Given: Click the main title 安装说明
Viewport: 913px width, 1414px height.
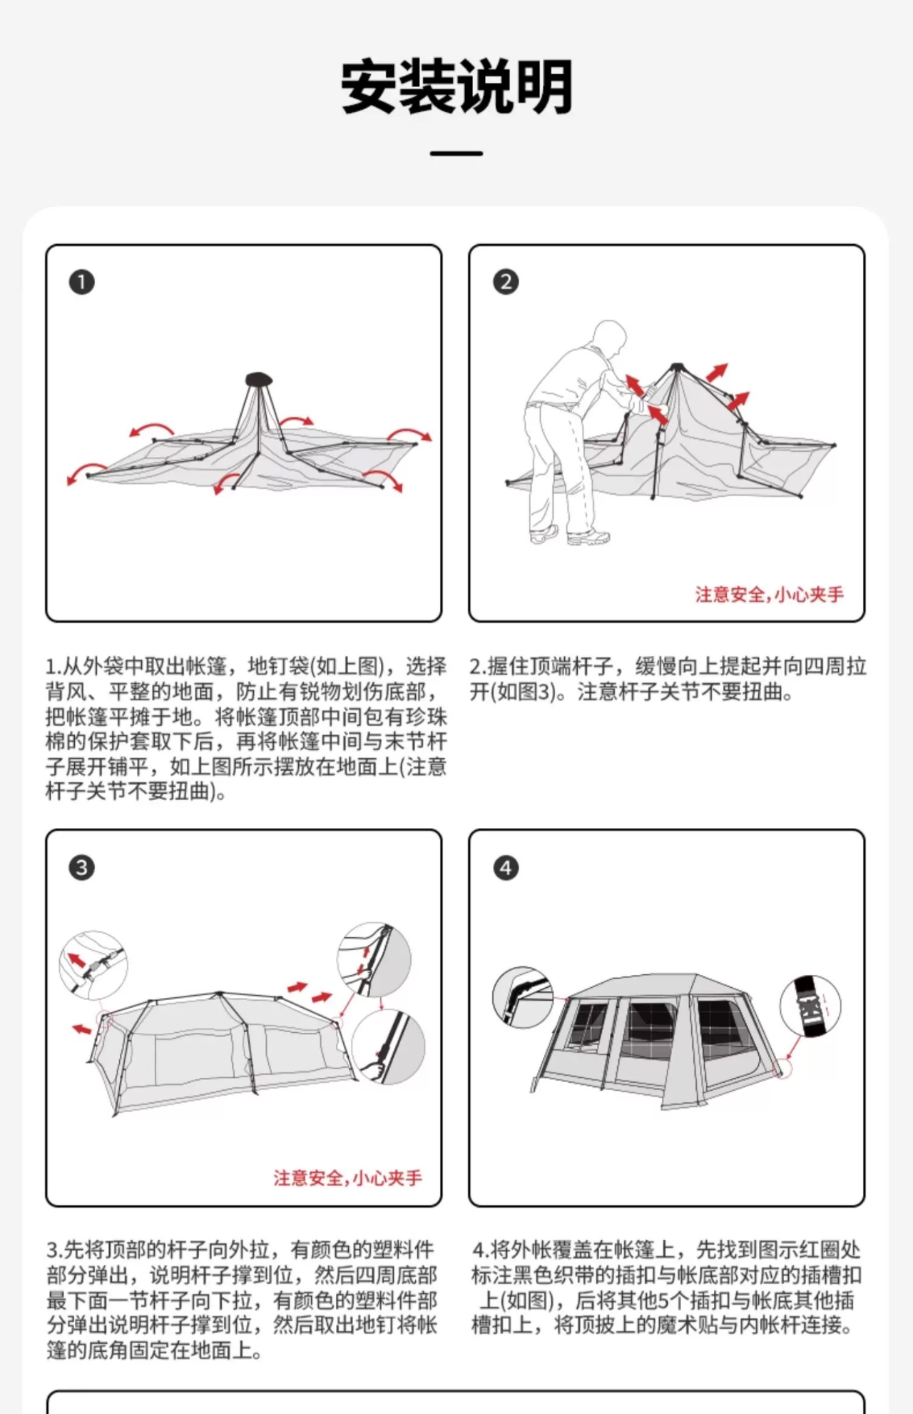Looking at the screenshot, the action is pos(456,86).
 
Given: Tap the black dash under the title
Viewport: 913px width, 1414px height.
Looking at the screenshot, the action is pos(456,153).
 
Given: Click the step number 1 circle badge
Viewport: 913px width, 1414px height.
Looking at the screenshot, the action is pos(81,282).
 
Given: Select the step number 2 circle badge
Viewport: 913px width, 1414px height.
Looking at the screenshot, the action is pos(506,282).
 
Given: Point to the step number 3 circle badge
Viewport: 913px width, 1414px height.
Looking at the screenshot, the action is pos(81,868).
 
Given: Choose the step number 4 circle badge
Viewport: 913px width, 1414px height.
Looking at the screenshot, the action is pos(506,868).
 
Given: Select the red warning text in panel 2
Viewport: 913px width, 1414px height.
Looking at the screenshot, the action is pos(770,595).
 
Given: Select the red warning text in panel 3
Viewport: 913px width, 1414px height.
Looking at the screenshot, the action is pos(347,1178).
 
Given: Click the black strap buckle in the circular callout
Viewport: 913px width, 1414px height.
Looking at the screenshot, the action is pos(810,1006).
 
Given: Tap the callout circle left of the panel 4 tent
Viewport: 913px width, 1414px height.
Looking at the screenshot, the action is pos(522,997).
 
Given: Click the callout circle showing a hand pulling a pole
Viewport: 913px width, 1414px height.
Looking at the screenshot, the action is pos(388,1046).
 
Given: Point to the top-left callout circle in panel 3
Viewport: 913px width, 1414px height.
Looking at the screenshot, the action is pos(93,964).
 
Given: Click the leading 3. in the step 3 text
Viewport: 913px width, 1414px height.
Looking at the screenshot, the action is pos(55,1250).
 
